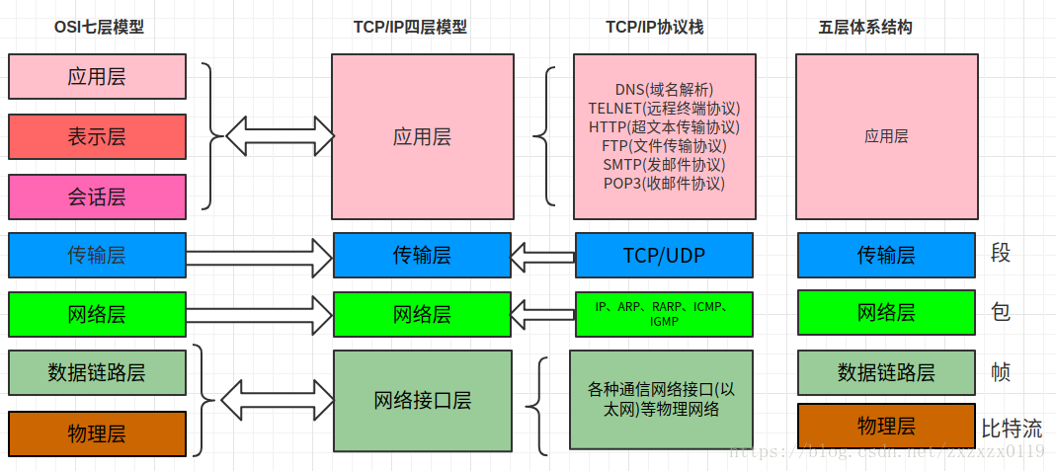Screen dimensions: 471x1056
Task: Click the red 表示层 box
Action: (x=97, y=136)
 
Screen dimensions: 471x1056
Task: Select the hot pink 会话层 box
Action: (x=97, y=196)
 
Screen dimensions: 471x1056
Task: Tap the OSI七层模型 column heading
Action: (x=99, y=28)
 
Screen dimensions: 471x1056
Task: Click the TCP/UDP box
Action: (x=664, y=255)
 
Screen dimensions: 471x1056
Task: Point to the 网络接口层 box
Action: (x=422, y=400)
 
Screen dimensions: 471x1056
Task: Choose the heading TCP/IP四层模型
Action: (x=410, y=28)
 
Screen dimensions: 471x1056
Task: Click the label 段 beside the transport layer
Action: (x=1001, y=254)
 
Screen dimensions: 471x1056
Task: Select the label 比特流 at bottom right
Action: (x=1011, y=429)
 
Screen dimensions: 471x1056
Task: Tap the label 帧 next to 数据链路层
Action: (x=1001, y=372)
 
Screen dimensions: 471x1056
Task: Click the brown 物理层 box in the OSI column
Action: (x=97, y=433)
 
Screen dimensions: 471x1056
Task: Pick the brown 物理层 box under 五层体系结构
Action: (x=886, y=426)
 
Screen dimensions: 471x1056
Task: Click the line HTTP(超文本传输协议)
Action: (x=664, y=126)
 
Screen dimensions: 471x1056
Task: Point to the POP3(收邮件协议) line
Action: (x=664, y=183)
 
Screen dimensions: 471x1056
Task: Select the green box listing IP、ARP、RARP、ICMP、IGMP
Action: (x=664, y=314)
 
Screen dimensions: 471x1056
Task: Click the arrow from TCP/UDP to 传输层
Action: (x=542, y=258)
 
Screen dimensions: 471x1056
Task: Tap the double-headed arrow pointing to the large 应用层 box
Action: (x=278, y=131)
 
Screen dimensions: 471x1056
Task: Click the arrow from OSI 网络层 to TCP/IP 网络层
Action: (x=259, y=315)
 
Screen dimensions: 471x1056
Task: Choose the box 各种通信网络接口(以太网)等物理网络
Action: (x=662, y=400)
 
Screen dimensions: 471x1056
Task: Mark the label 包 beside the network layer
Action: (x=1001, y=312)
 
